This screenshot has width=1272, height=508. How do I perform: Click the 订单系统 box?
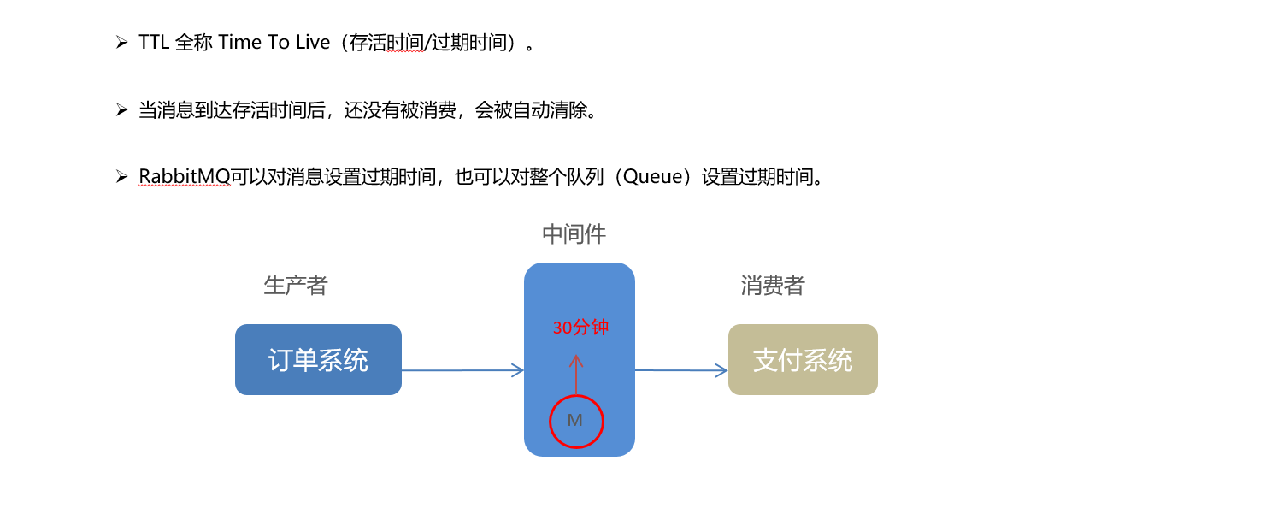click(318, 360)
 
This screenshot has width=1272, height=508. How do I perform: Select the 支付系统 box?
click(803, 360)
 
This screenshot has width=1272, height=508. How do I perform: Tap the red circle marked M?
click(575, 421)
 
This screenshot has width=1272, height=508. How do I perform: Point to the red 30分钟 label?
click(580, 328)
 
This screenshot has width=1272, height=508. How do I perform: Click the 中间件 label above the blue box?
click(574, 234)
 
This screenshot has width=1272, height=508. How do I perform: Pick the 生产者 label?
click(296, 286)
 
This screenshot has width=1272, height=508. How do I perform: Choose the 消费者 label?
click(773, 286)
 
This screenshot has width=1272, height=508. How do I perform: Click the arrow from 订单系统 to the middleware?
click(462, 370)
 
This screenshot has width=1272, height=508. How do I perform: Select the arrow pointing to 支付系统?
click(681, 370)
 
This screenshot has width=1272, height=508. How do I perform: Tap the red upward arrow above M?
click(576, 373)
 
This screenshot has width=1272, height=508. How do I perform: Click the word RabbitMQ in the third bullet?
click(185, 177)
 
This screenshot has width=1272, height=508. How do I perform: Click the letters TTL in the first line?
click(154, 43)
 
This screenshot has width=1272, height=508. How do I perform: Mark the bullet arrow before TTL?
click(121, 42)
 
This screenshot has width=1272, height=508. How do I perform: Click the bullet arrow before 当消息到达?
click(121, 110)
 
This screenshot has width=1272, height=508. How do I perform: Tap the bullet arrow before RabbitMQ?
click(121, 177)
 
